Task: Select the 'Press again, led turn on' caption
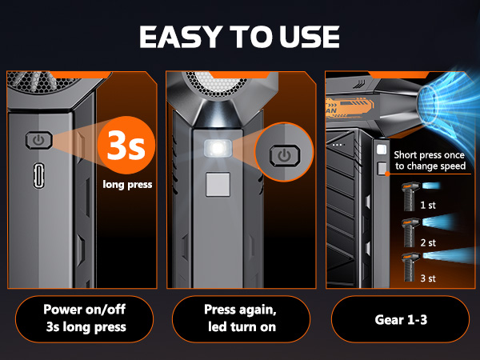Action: point(240,318)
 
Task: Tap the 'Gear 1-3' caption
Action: point(400,318)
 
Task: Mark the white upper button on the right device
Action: point(382,150)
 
